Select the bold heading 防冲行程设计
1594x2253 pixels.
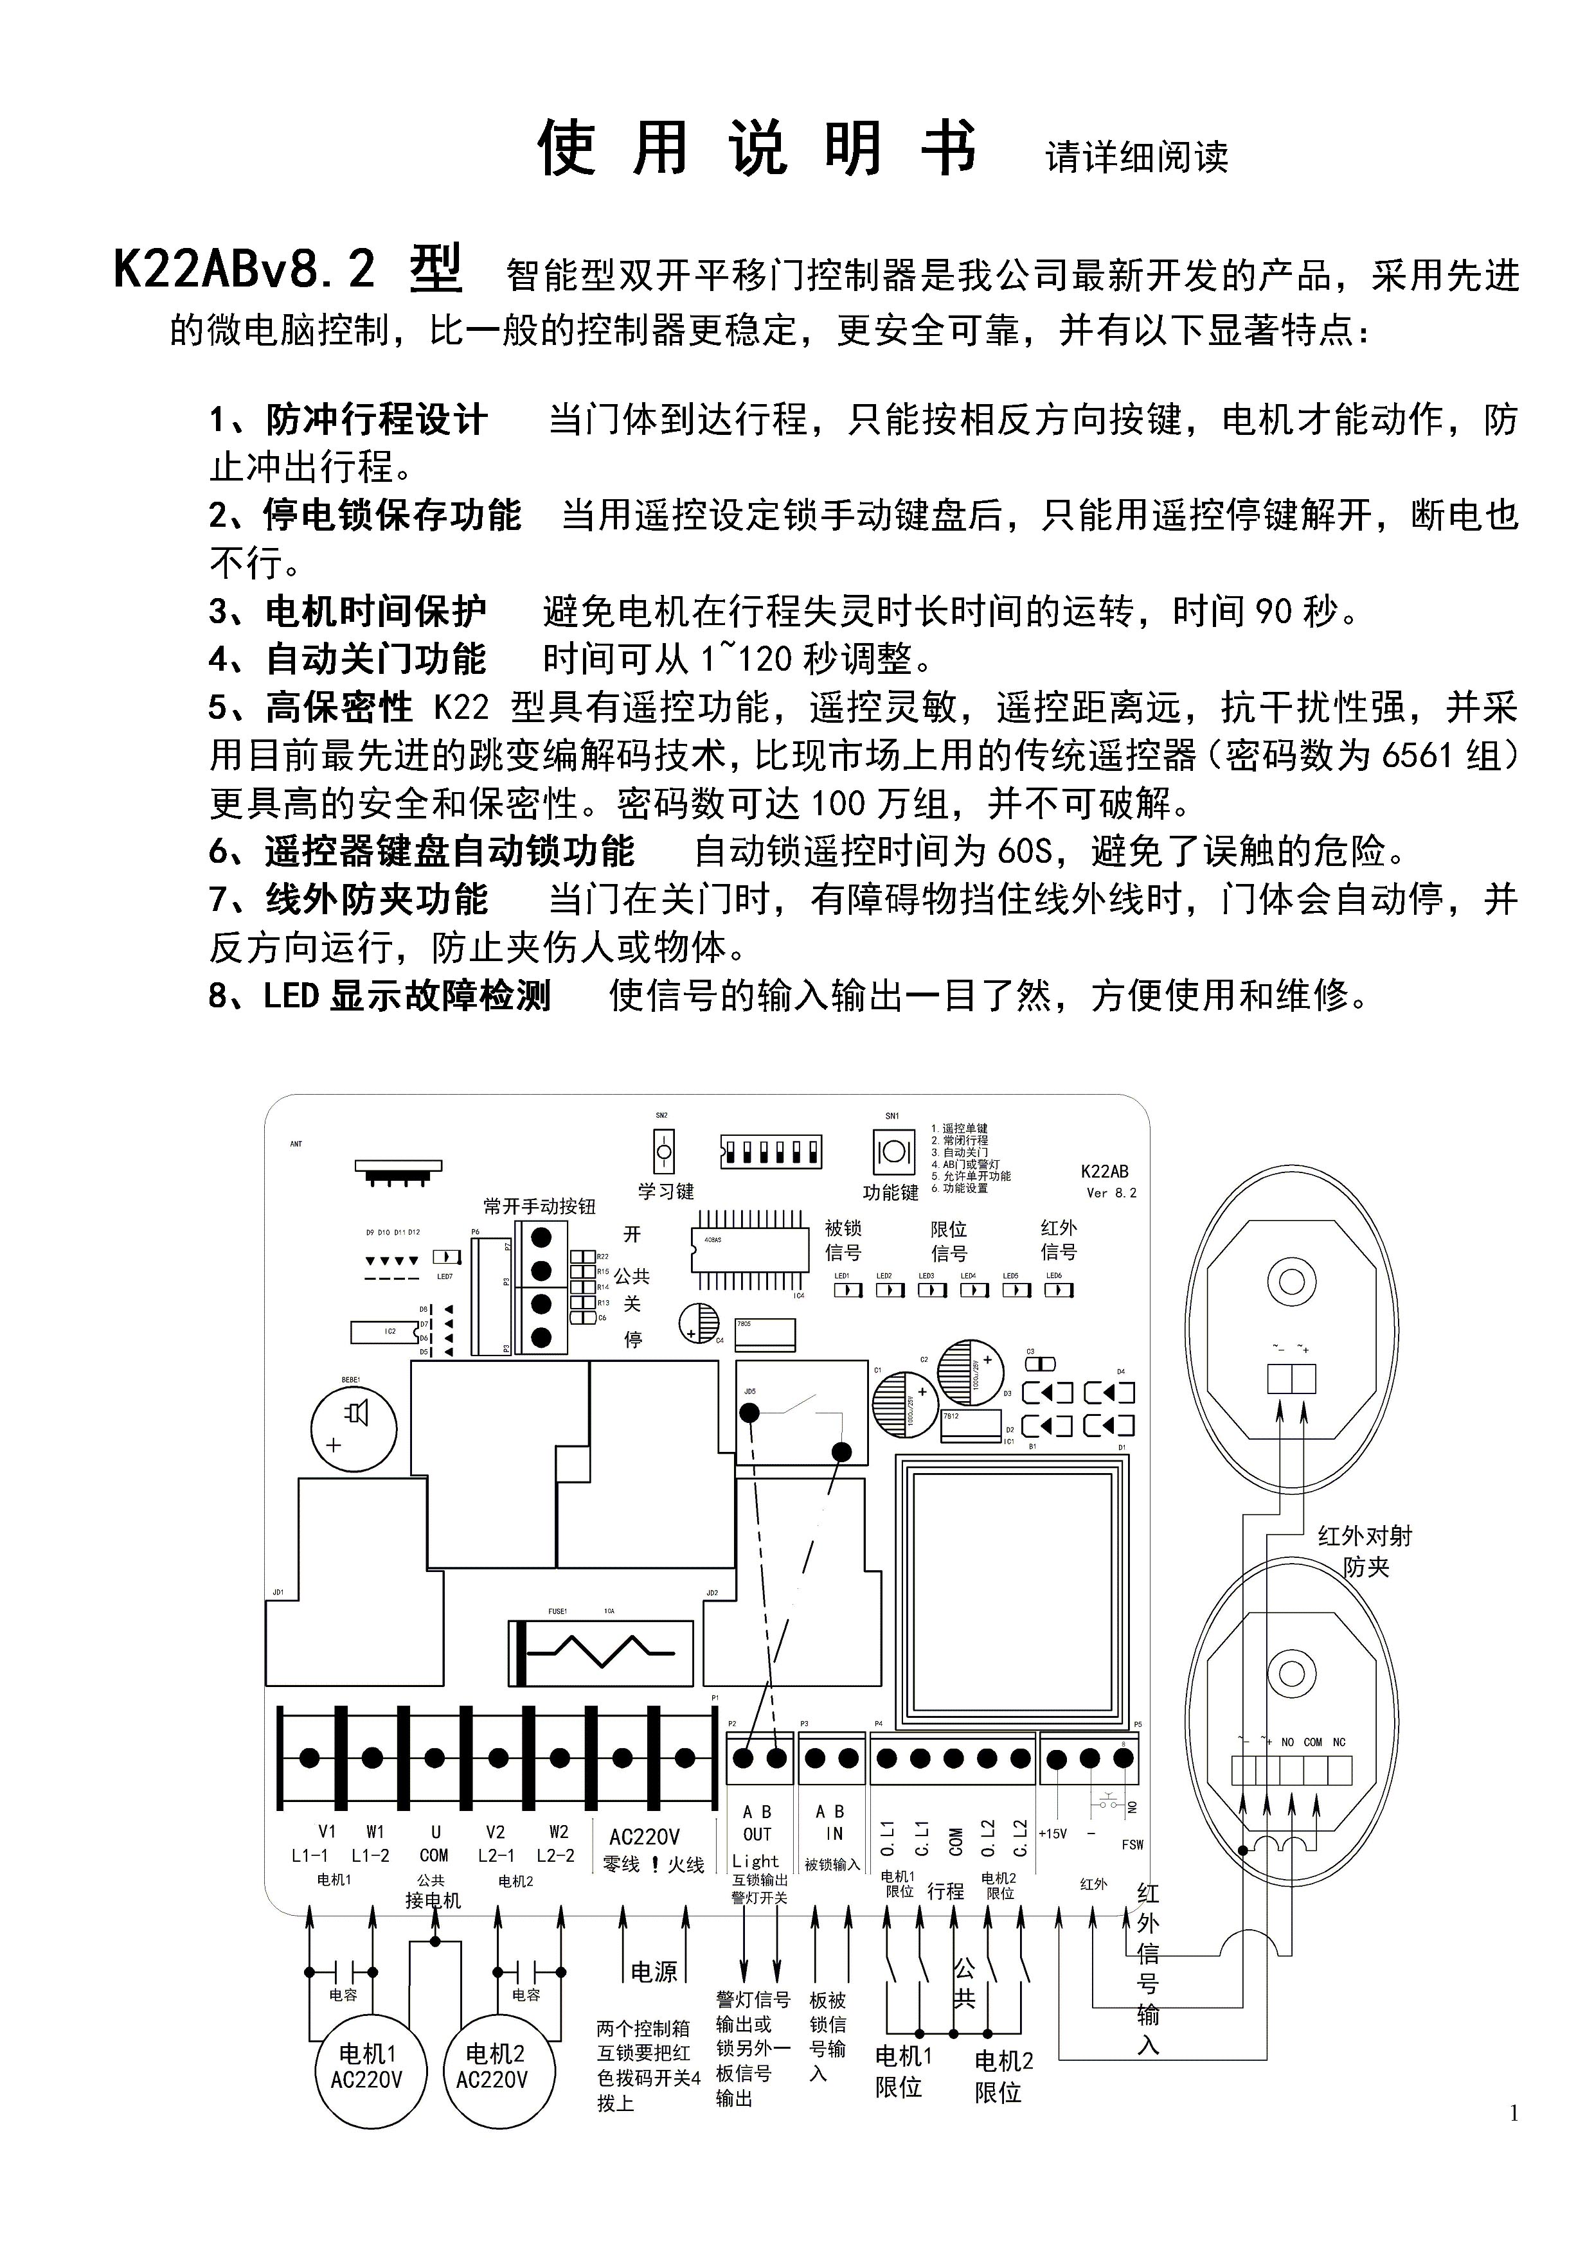pos(376,421)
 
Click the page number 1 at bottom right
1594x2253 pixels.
pos(1514,2113)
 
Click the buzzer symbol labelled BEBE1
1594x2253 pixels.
pos(354,1429)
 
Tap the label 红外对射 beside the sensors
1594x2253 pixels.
pos(1365,1535)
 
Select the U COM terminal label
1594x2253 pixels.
pos(434,1844)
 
